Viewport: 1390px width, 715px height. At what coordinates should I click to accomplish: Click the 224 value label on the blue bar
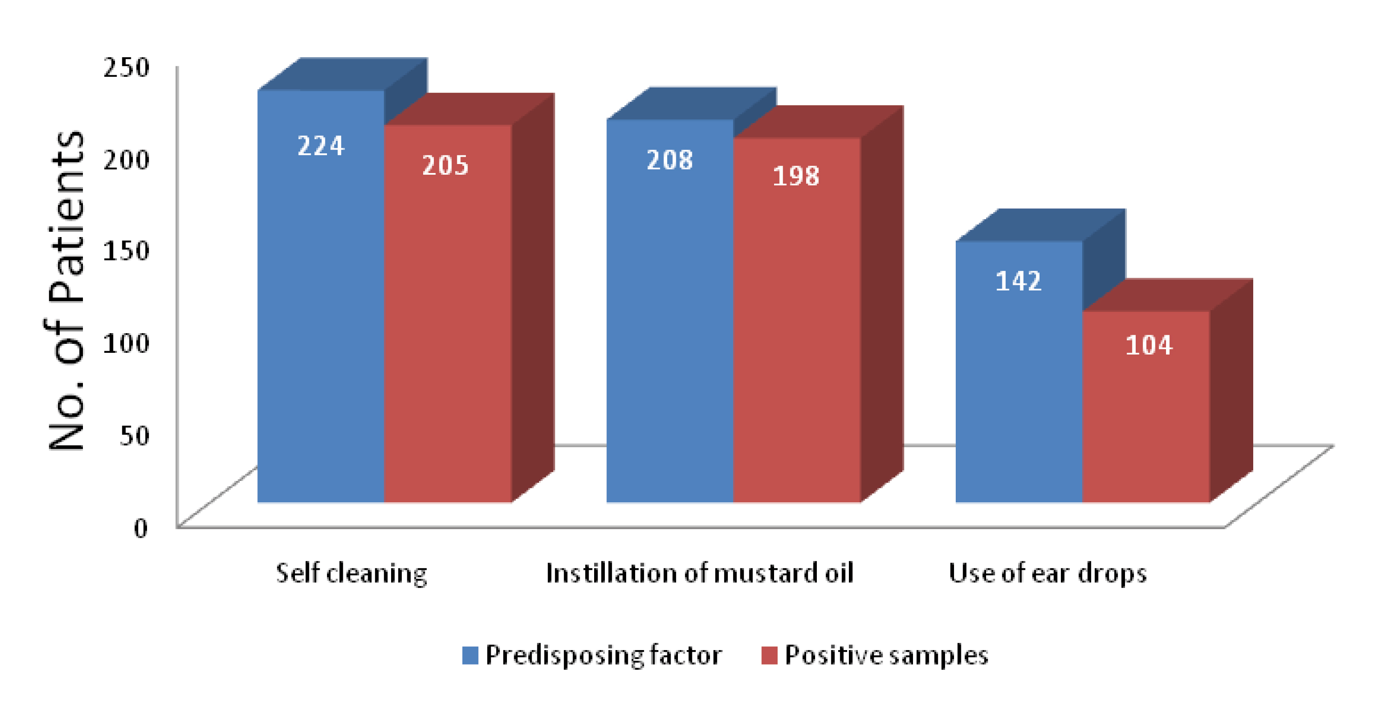point(321,146)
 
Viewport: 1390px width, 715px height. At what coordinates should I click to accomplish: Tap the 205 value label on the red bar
point(445,165)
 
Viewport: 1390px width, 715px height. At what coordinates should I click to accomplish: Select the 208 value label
point(670,160)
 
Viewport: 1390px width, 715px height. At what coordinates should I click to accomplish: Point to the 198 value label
point(796,176)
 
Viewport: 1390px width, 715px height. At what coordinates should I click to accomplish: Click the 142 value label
point(1018,281)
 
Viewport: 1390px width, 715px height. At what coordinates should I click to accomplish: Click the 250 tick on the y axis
point(126,67)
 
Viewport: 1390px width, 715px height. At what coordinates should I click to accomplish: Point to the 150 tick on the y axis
point(126,251)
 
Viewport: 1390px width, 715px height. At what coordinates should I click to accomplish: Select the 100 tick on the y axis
point(126,343)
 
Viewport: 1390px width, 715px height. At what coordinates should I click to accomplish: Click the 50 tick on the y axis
point(133,435)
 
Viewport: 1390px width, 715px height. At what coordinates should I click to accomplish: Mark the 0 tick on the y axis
point(140,527)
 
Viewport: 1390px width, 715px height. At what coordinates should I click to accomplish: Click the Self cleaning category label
point(351,573)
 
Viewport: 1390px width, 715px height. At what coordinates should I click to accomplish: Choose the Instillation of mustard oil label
point(700,573)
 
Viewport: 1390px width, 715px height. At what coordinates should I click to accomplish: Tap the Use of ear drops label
point(1047,573)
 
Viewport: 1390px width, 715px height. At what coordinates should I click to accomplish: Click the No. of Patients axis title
point(67,291)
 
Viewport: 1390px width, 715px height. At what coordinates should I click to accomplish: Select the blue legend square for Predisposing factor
point(470,655)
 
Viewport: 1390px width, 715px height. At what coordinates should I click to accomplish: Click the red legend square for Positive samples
point(769,655)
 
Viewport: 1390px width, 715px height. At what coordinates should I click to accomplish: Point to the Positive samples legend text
point(886,655)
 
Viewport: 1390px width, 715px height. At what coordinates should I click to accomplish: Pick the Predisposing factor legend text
point(603,655)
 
